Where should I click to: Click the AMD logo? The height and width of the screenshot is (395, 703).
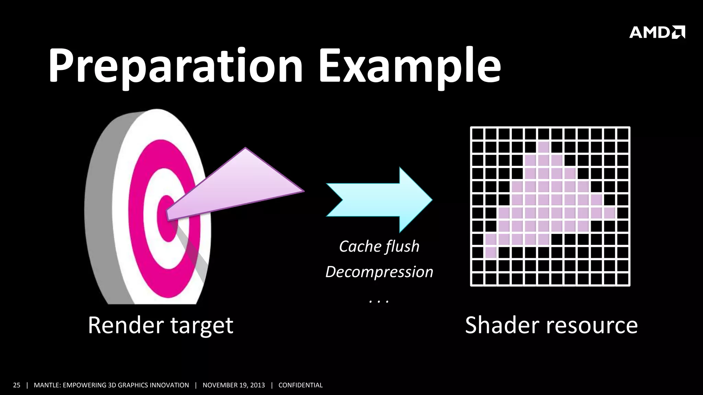tap(657, 32)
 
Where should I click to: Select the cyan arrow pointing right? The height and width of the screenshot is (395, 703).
tap(379, 200)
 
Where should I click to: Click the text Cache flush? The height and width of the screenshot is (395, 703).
tap(379, 247)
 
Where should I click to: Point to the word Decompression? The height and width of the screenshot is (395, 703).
tap(379, 272)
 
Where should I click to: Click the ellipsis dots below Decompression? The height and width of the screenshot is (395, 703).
tap(379, 301)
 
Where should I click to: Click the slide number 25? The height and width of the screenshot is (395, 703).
tap(16, 385)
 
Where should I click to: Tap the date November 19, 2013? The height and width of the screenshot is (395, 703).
tap(234, 385)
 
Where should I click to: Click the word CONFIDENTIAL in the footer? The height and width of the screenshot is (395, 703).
tap(300, 385)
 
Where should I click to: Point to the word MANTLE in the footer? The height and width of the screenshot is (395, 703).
tap(47, 385)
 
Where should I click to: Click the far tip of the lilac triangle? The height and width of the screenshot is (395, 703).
tap(302, 191)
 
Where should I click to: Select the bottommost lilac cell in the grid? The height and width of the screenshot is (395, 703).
tap(491, 253)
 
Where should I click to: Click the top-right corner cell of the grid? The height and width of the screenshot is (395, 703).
tap(622, 134)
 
